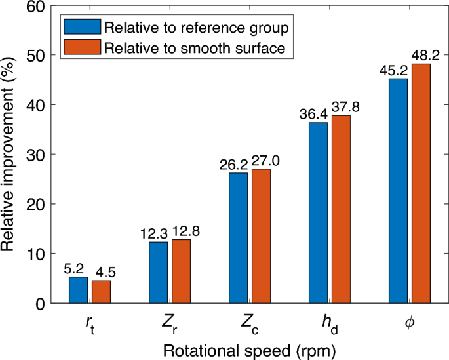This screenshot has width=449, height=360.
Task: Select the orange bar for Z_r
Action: (x=181, y=271)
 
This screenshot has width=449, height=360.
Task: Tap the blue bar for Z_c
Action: (x=238, y=238)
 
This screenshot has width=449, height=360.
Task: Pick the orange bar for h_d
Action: (x=341, y=209)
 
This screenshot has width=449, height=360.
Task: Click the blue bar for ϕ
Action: (x=398, y=191)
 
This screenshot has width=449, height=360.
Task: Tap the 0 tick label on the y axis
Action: (x=41, y=303)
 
